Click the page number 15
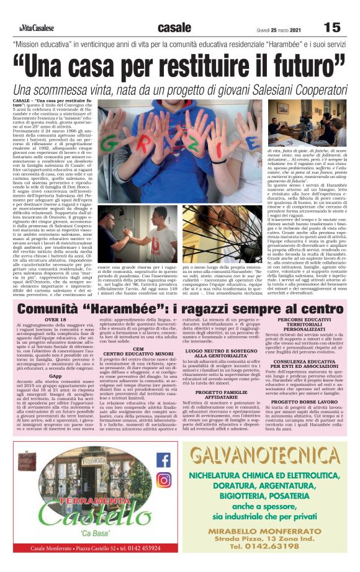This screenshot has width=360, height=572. (332, 27)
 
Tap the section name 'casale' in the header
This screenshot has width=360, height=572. (174, 27)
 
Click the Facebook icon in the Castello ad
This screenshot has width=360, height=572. (164, 460)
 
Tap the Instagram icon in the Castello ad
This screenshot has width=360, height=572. (164, 480)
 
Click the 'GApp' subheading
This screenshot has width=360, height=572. (55, 375)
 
